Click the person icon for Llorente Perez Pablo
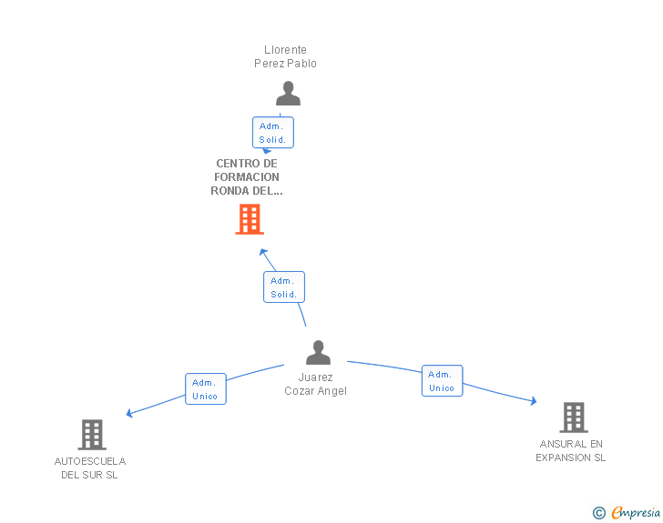pyautogui.click(x=288, y=94)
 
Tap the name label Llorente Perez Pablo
pyautogui.click(x=285, y=56)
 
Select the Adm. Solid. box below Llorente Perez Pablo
pyautogui.click(x=272, y=133)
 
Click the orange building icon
pyautogui.click(x=250, y=219)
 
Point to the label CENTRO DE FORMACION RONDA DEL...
pyautogui.click(x=247, y=177)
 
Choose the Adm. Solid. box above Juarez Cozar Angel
pyautogui.click(x=284, y=287)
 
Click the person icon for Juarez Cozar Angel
pyautogui.click(x=318, y=352)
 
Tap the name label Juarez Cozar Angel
pyautogui.click(x=315, y=384)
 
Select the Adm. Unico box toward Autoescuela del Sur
pyautogui.click(x=206, y=389)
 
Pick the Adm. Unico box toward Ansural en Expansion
pyautogui.click(x=443, y=380)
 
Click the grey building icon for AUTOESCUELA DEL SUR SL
pyautogui.click(x=92, y=435)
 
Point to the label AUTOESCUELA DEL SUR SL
pyautogui.click(x=90, y=468)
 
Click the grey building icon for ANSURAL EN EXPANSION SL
pyautogui.click(x=574, y=417)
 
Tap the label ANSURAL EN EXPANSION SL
pyautogui.click(x=571, y=451)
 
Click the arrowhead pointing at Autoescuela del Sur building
pyautogui.click(x=129, y=413)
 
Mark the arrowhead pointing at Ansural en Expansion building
pyautogui.click(x=534, y=401)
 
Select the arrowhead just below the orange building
pyautogui.click(x=262, y=252)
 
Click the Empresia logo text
pyautogui.click(x=636, y=513)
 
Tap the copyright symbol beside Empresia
pyautogui.click(x=598, y=513)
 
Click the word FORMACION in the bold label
pyautogui.click(x=247, y=177)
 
